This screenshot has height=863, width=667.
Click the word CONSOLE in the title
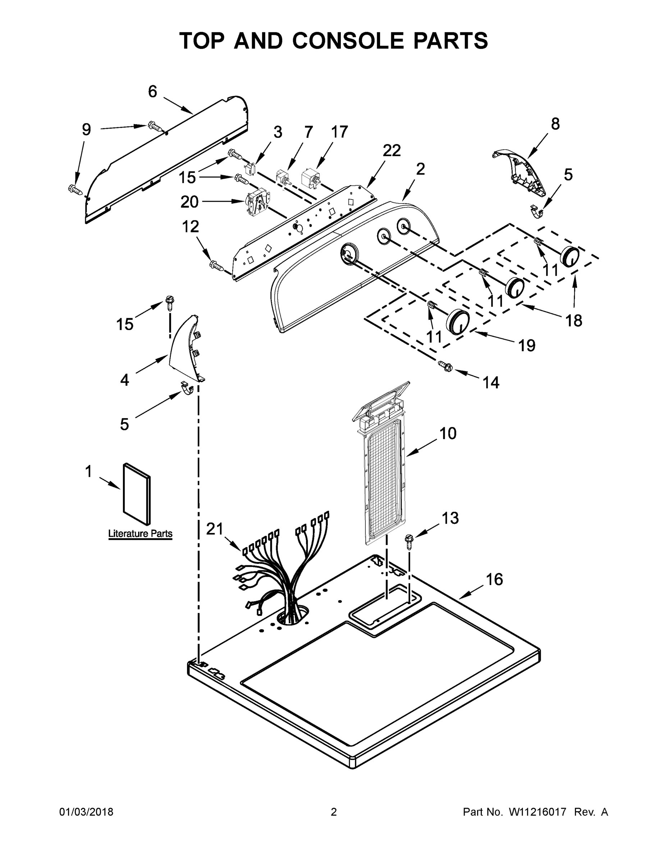[x=347, y=41]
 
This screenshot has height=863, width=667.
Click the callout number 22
[x=391, y=151]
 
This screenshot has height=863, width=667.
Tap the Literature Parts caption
[x=140, y=534]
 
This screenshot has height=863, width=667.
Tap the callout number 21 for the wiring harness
[x=215, y=529]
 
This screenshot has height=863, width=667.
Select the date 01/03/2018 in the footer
[x=86, y=812]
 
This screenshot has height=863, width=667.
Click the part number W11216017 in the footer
[x=538, y=812]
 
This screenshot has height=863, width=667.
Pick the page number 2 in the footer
[x=334, y=812]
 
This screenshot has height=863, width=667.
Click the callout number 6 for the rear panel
[x=152, y=92]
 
